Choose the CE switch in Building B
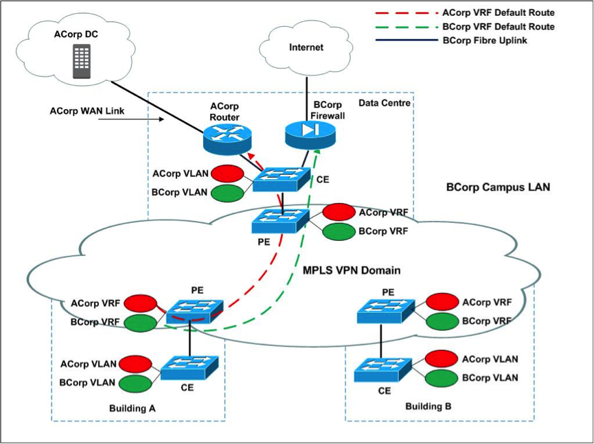click(382, 370)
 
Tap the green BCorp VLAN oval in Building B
click(442, 378)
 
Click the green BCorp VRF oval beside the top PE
click(339, 232)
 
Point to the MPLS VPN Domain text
click(352, 270)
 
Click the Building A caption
click(133, 408)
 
